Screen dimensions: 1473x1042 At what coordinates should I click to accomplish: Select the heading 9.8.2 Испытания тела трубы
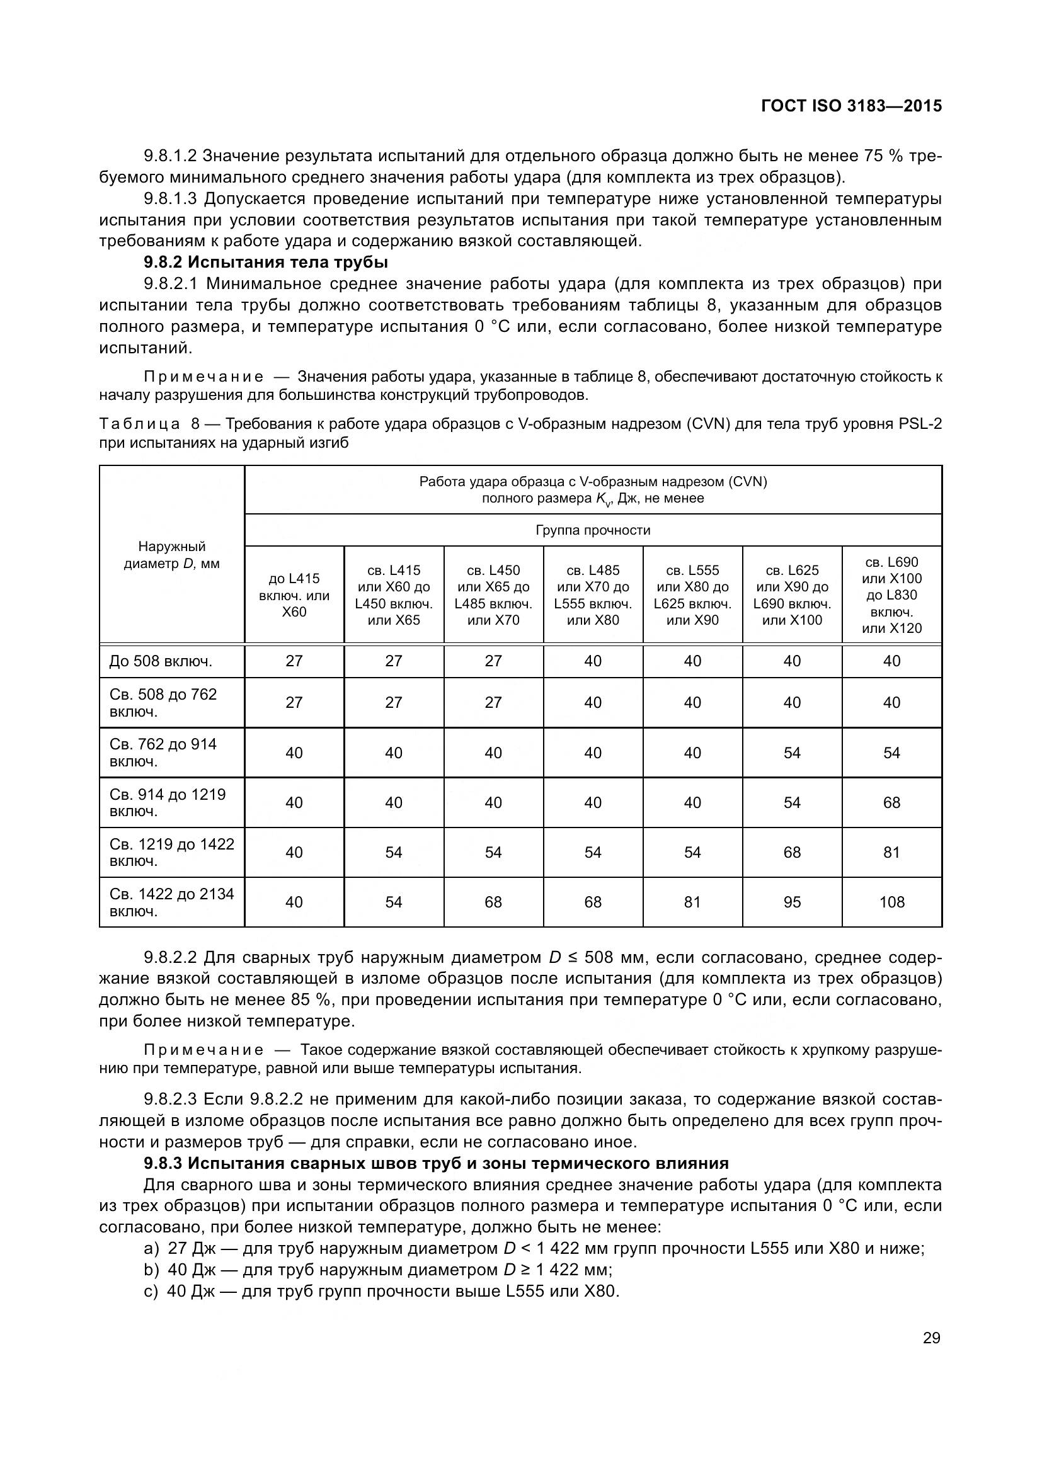coord(266,263)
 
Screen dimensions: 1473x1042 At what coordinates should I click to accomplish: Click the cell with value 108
coord(891,902)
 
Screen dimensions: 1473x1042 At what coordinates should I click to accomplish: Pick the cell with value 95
coord(792,902)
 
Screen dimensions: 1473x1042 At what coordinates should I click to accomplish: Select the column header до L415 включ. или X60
coord(294,594)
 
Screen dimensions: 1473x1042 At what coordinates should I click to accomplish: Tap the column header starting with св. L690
coord(891,594)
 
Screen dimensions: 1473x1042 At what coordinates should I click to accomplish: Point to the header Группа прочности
coord(592,530)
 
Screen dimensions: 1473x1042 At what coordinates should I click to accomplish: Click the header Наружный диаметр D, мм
coord(171,555)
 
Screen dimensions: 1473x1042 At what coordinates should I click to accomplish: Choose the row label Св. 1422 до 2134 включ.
coord(171,902)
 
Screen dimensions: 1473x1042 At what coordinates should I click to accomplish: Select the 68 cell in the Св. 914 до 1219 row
coord(891,802)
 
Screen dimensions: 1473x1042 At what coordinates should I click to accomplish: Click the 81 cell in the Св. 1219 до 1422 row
coord(891,852)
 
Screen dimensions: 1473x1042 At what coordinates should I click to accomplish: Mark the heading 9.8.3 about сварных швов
coord(436,1163)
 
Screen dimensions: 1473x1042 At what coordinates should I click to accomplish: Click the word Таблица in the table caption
coord(140,424)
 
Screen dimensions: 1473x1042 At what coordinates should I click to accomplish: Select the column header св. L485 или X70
coord(592,594)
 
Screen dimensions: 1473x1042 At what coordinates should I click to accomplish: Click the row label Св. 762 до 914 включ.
coord(163,753)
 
